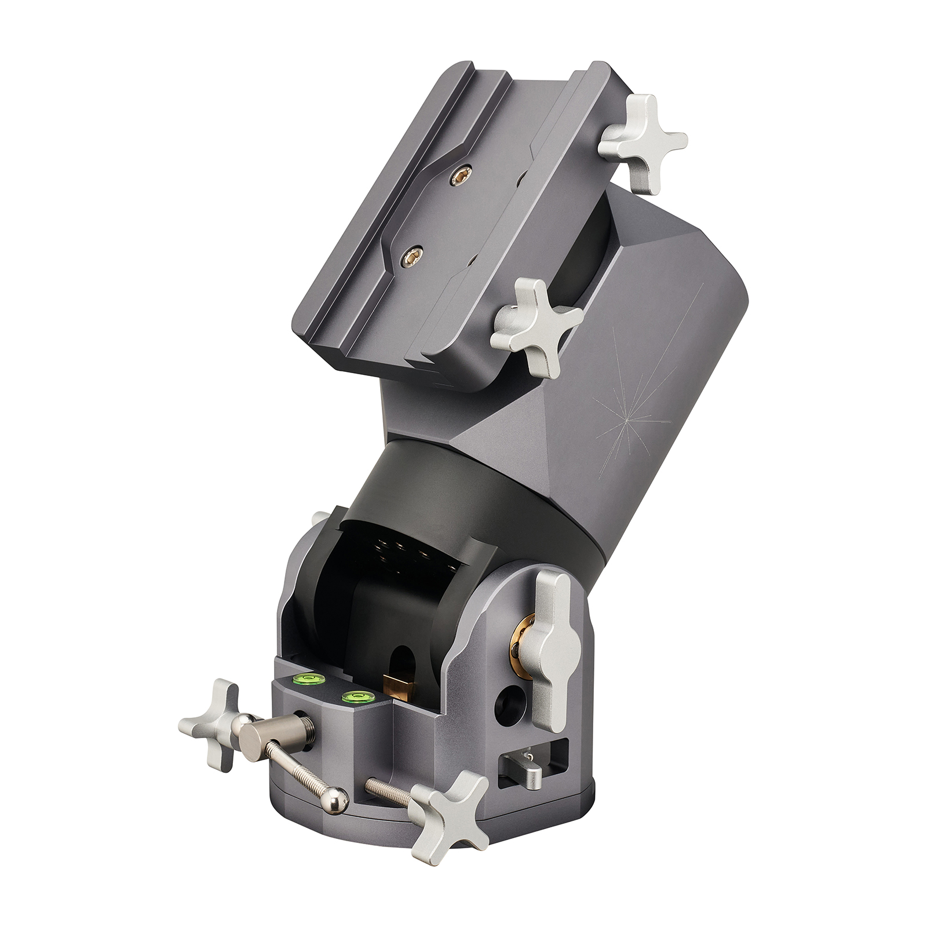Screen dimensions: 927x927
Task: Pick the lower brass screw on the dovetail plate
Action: pyautogui.click(x=412, y=253)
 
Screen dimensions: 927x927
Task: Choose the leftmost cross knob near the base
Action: pyautogui.click(x=214, y=722)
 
